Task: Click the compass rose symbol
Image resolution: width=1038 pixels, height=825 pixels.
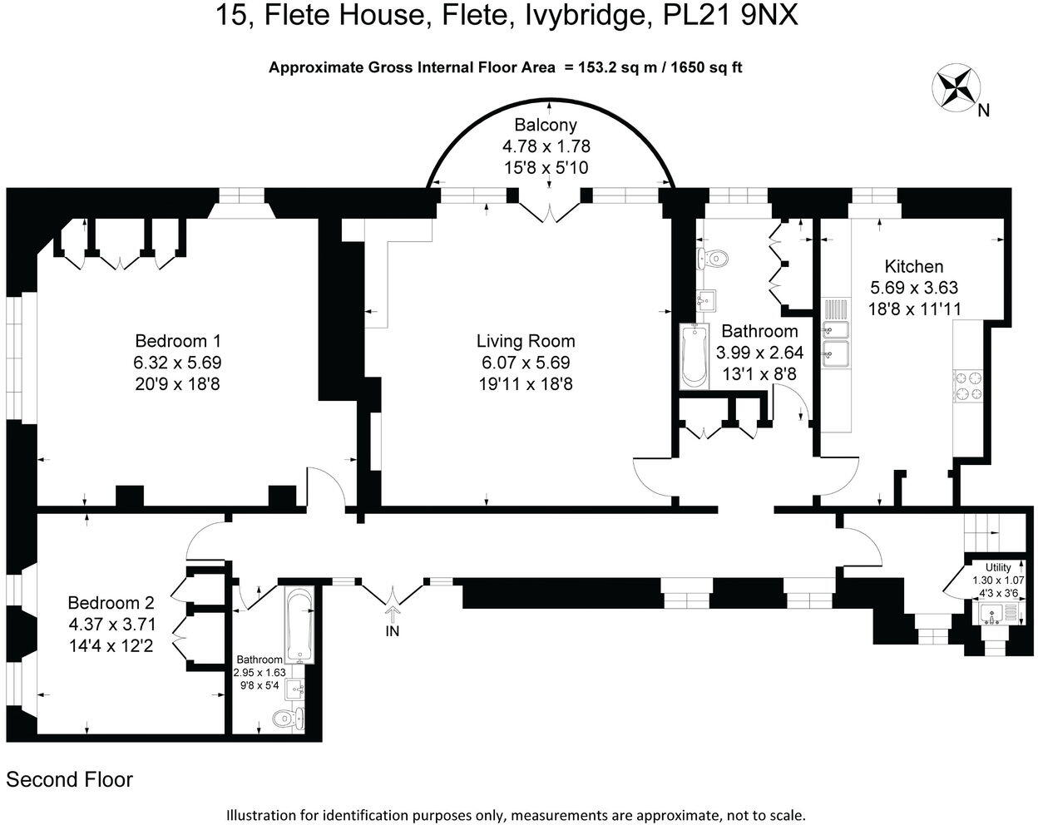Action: coord(957,87)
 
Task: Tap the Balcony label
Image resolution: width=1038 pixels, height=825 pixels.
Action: coord(546,126)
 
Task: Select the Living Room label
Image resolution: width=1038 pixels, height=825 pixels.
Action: coord(526,341)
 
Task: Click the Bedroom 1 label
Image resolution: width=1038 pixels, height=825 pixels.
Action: coord(178,341)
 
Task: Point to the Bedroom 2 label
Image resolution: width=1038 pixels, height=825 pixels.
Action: coord(111,603)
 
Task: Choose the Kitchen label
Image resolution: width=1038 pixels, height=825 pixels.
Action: coord(913,267)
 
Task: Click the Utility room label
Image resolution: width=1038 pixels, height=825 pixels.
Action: coord(998,567)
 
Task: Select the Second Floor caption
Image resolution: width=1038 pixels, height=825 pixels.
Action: coord(70,780)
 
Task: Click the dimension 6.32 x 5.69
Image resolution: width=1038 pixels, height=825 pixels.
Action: coord(178,363)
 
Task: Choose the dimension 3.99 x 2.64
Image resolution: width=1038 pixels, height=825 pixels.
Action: coord(759,353)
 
